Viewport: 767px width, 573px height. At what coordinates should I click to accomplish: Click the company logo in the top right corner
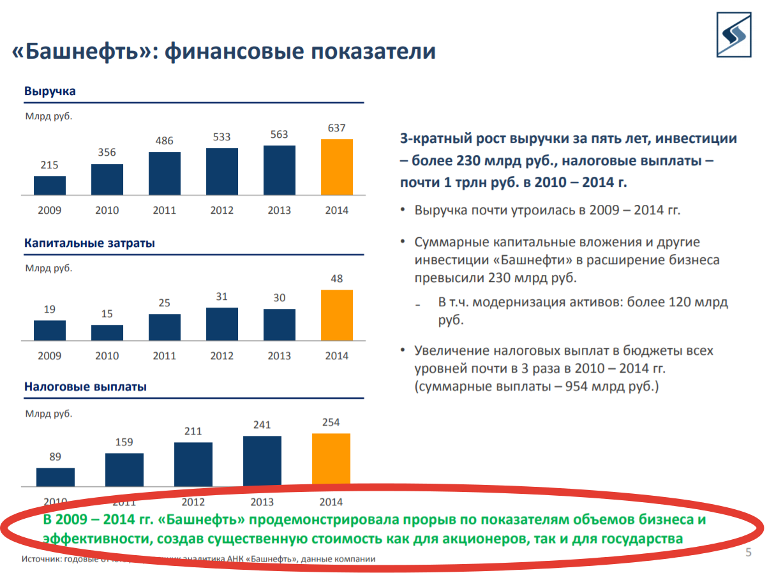[x=737, y=34]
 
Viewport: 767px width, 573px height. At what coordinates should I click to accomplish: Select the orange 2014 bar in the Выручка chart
[x=337, y=167]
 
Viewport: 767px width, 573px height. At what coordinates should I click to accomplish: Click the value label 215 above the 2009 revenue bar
[x=50, y=165]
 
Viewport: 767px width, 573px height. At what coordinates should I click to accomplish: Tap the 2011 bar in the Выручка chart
[x=165, y=173]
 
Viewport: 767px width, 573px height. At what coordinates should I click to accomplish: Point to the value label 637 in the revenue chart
[x=337, y=128]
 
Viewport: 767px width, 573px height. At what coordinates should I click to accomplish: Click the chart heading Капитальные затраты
[x=89, y=243]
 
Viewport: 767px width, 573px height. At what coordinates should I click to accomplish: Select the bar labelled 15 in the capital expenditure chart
[x=107, y=332]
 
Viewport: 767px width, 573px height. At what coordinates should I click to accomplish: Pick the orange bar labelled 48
[x=337, y=315]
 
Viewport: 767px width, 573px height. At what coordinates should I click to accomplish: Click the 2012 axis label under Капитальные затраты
[x=222, y=355]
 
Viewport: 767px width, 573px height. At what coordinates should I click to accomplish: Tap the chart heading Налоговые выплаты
[x=86, y=387]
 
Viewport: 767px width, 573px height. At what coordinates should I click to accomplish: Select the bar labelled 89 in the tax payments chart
[x=56, y=477]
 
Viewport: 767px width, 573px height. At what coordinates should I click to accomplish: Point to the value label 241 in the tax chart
[x=262, y=425]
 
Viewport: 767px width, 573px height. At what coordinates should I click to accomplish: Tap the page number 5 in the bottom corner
[x=748, y=552]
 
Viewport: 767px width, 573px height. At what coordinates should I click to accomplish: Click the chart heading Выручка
[x=50, y=91]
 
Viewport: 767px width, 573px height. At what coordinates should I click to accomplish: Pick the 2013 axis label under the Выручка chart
[x=279, y=210]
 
